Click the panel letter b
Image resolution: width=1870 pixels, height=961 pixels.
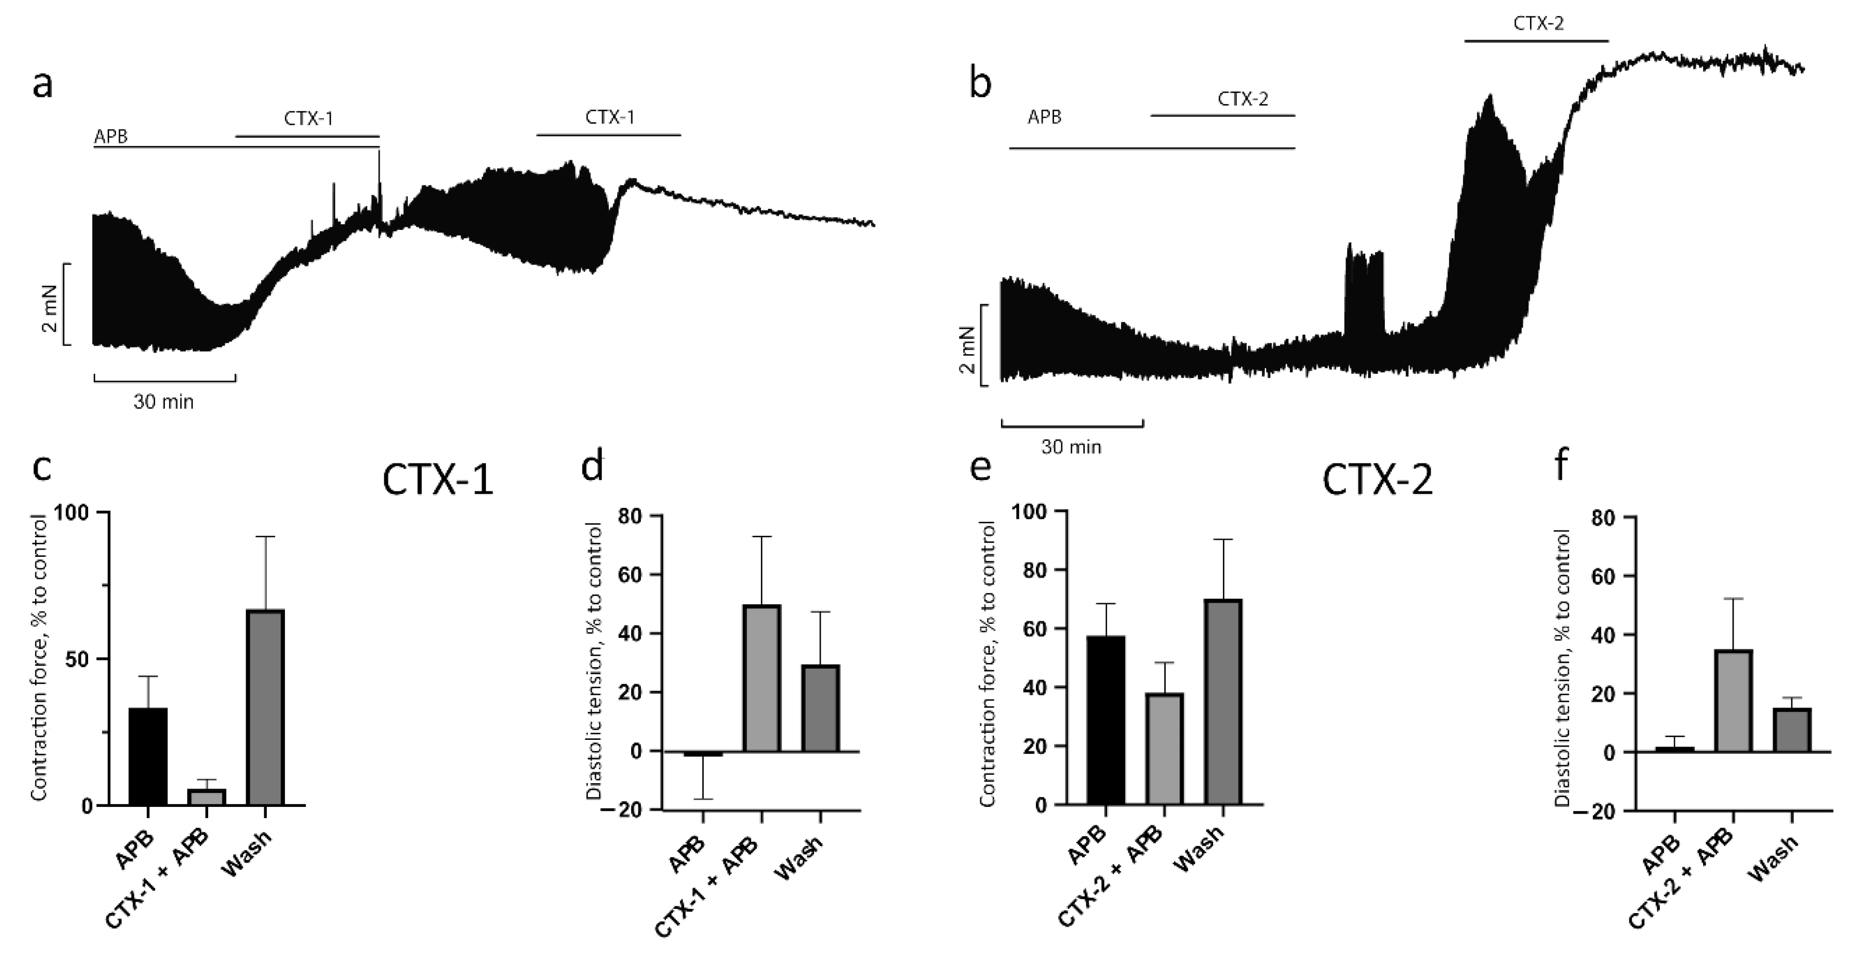click(x=981, y=85)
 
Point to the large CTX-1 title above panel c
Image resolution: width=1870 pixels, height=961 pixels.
click(x=438, y=480)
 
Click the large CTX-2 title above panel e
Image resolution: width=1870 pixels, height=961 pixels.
click(x=1377, y=480)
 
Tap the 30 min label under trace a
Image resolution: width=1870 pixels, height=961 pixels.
click(x=163, y=402)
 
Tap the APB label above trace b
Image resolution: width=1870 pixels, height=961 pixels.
click(x=1044, y=117)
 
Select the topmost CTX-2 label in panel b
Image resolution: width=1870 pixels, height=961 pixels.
click(x=1538, y=23)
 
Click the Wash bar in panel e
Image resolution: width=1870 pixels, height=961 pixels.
click(x=1223, y=702)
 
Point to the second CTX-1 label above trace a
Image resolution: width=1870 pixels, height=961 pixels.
click(x=610, y=118)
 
